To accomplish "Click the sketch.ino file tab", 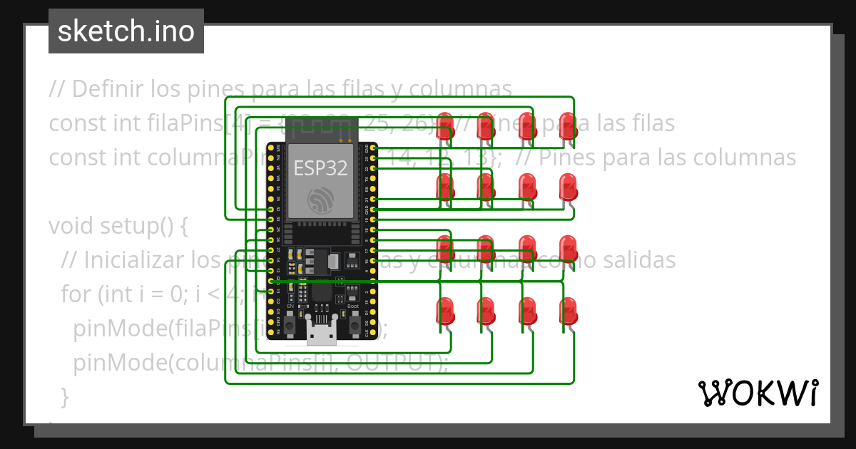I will click(x=126, y=31).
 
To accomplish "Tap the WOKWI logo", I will click(x=758, y=393).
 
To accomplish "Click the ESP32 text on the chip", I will click(x=320, y=168).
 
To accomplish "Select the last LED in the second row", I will click(x=568, y=186).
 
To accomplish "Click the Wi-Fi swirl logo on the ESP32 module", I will click(x=320, y=200).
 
